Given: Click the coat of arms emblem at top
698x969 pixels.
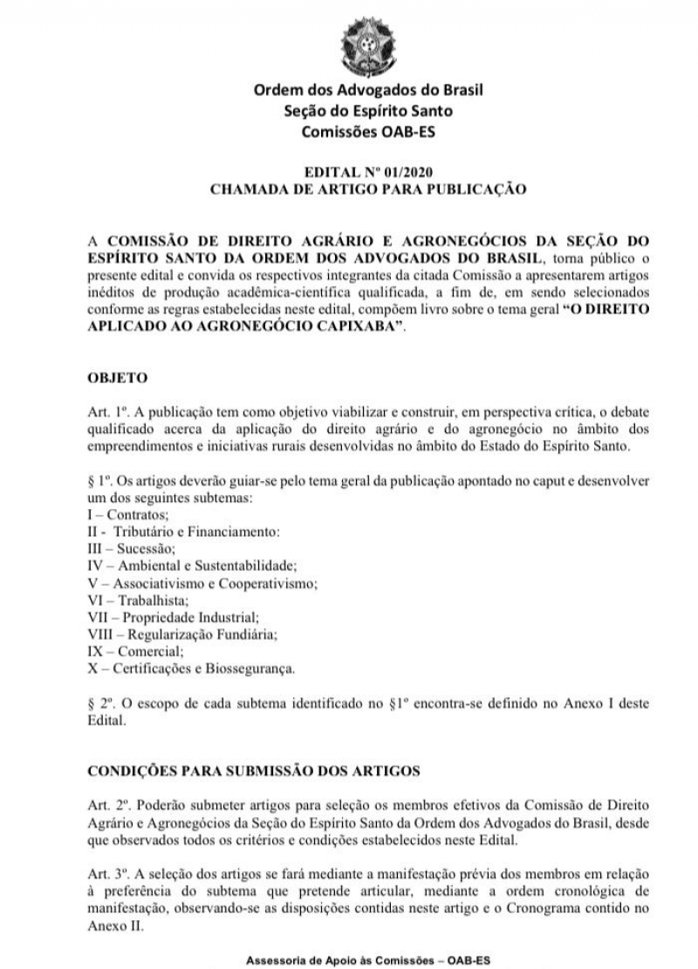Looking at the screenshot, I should point(366,44).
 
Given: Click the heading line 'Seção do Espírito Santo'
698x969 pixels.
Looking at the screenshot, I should point(367,111).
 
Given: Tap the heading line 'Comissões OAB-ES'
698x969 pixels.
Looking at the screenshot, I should point(367,132).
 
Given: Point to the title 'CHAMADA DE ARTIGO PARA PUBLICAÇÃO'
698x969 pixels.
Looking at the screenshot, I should point(367,188).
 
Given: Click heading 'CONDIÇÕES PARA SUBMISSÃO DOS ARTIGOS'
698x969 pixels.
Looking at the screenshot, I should point(255,771).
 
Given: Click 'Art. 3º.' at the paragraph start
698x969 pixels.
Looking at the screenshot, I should point(112,873).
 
